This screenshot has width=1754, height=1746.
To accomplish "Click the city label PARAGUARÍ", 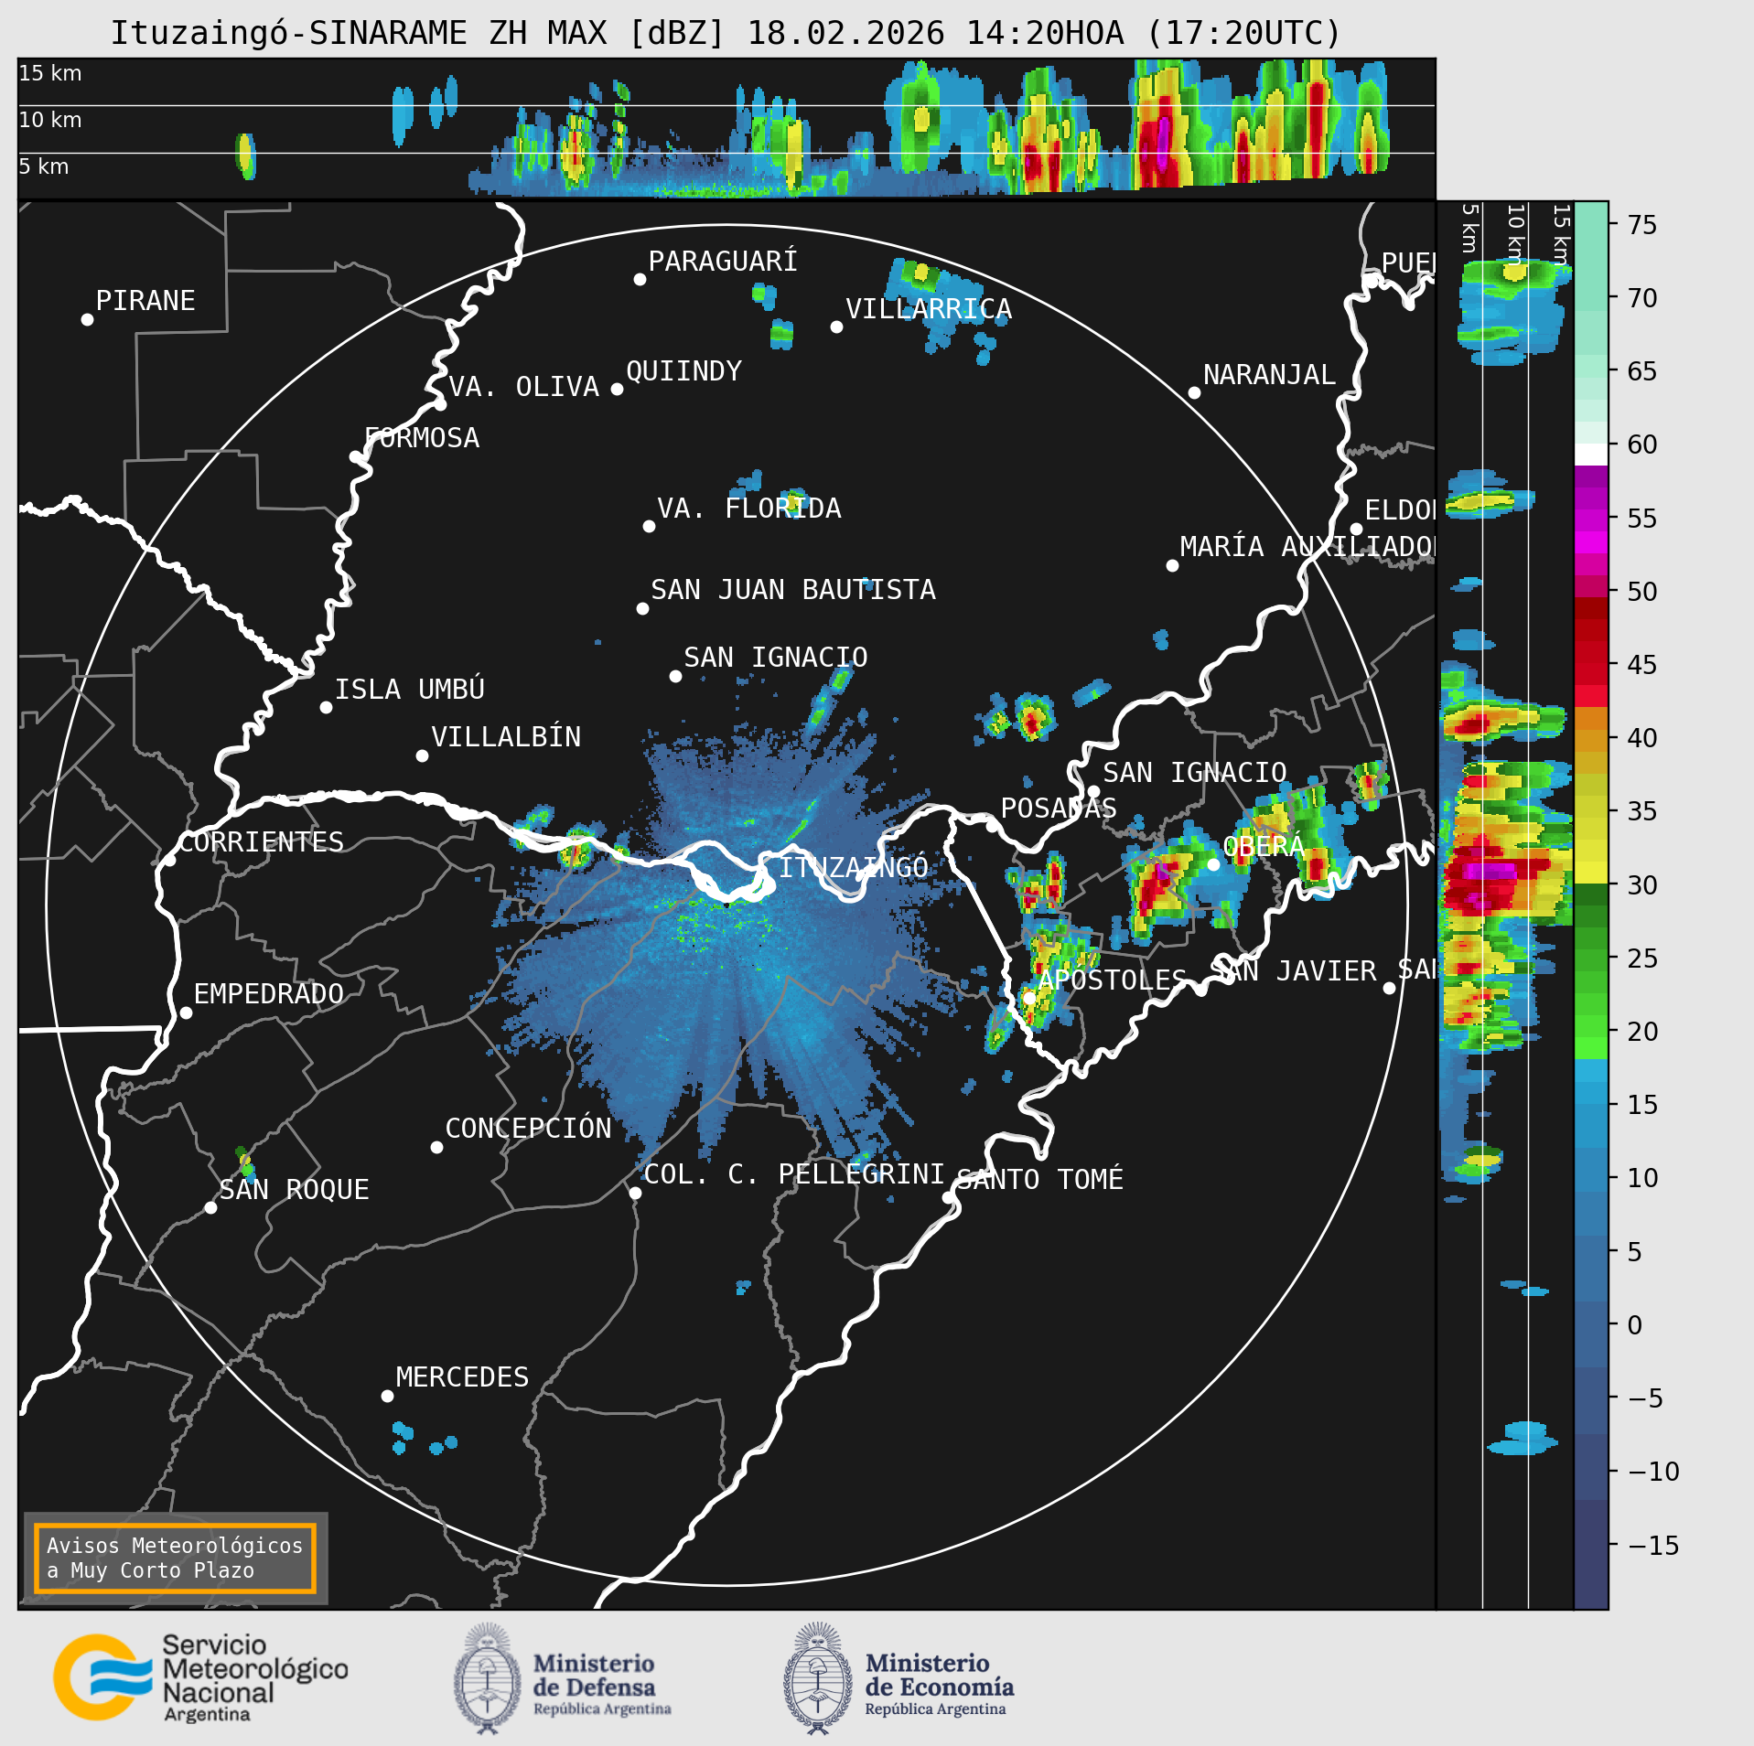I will tap(722, 262).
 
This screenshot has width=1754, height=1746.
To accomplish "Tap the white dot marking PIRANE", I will tap(87, 319).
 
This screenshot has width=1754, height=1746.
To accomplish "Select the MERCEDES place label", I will tap(462, 1376).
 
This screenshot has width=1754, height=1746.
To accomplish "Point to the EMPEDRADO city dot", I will tap(186, 1012).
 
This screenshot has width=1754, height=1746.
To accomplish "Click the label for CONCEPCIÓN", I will tap(528, 1128).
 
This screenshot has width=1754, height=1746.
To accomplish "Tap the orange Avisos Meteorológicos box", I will tap(175, 1558).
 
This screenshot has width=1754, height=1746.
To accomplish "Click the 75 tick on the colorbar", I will tap(1641, 224).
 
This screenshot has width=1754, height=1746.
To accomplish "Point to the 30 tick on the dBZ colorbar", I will tap(1641, 884).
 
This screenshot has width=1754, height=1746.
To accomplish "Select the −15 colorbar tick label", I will tap(1652, 1545).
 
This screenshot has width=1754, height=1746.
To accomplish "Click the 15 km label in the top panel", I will tap(50, 73).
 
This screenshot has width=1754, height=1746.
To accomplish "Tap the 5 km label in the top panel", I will tap(44, 166).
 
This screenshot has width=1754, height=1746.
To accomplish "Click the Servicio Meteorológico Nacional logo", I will tap(200, 1678).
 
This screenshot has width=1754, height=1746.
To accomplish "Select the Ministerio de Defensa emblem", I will tap(487, 1678).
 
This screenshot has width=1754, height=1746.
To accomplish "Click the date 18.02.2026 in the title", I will tap(845, 33).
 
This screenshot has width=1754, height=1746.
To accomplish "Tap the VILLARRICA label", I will tap(928, 309).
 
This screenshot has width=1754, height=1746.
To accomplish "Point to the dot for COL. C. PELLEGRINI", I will tap(635, 1193).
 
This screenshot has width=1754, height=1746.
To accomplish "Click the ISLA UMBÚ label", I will tap(409, 689).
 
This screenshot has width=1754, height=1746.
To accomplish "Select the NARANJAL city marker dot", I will tap(1194, 392).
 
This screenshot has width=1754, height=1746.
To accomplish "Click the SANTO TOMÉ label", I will tap(1039, 1179).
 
